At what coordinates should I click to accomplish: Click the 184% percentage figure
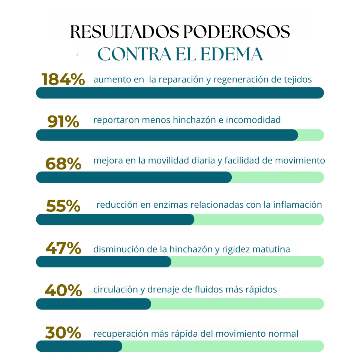pyautogui.click(x=63, y=79)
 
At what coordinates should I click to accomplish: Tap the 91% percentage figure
pyautogui.click(x=63, y=121)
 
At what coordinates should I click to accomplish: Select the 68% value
pyautogui.click(x=63, y=164)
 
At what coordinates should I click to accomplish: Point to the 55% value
pyautogui.click(x=63, y=206)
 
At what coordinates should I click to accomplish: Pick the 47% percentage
pyautogui.click(x=63, y=248)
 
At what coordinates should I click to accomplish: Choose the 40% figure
pyautogui.click(x=63, y=290)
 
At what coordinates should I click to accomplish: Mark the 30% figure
pyautogui.click(x=63, y=333)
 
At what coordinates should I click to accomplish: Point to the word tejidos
pyautogui.click(x=298, y=79)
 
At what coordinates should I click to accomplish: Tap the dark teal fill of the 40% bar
pyautogui.click(x=94, y=304)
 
